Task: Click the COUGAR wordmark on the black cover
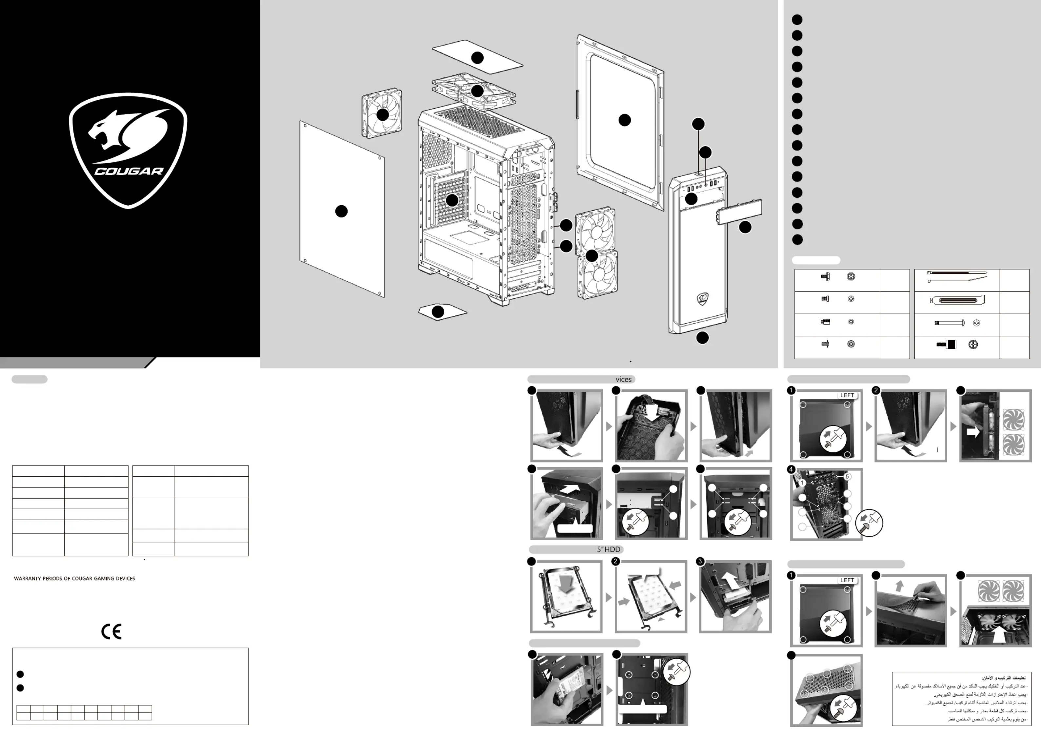[x=129, y=171]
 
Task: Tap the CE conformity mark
[x=111, y=631]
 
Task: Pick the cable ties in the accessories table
[x=957, y=277]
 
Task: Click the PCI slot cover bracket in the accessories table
[x=957, y=300]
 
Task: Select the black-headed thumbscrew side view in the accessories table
[x=946, y=345]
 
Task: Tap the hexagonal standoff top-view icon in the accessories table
[x=851, y=322]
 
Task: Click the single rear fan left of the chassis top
[x=382, y=113]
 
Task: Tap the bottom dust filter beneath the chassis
[x=442, y=312]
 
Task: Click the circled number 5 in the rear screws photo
[x=847, y=476]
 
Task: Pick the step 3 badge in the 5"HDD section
[x=700, y=561]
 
